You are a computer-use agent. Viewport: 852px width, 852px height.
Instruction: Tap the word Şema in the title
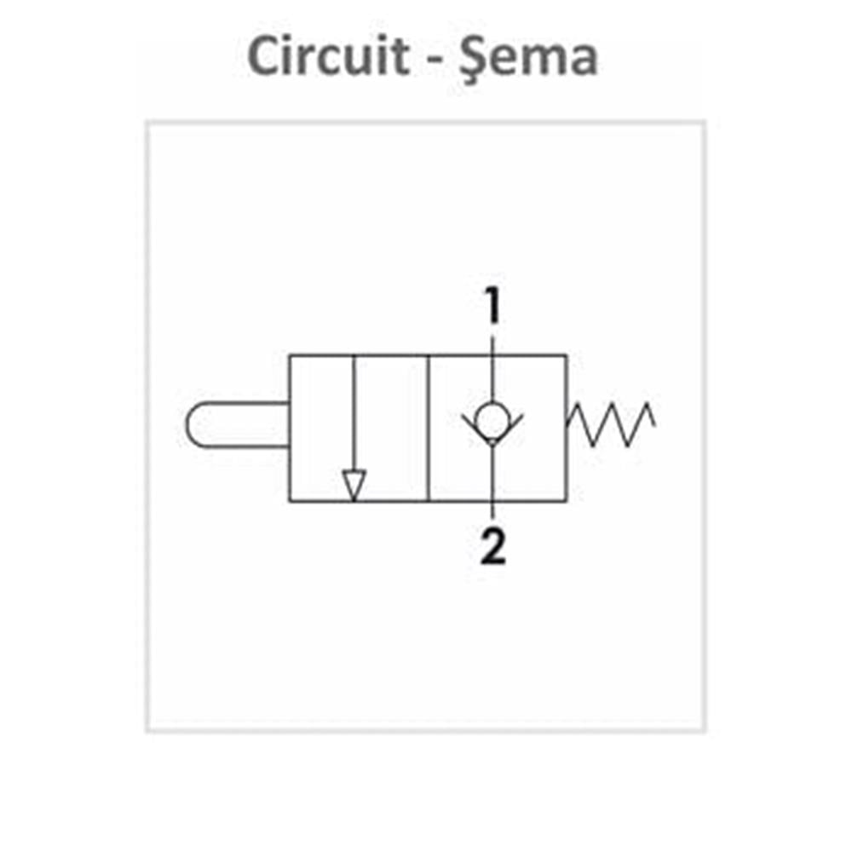tap(527, 57)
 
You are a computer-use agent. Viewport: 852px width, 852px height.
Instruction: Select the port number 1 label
tap(492, 307)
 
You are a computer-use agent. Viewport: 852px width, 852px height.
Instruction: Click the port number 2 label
tap(492, 547)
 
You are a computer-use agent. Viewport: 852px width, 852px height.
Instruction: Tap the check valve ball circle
tap(492, 419)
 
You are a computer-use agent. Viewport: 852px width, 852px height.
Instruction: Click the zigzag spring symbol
tap(612, 423)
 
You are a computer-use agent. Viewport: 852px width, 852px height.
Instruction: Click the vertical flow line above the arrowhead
tap(353, 409)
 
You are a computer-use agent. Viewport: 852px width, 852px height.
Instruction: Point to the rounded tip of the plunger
tap(191, 423)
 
